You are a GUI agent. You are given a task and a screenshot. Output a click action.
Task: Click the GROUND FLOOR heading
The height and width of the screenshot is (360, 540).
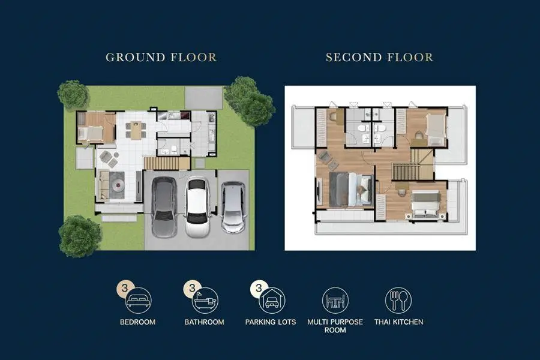coord(161,57)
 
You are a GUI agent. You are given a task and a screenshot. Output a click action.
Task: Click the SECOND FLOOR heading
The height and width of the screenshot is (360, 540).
coord(380,57)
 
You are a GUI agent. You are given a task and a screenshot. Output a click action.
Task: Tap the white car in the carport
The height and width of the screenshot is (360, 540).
coord(197,208)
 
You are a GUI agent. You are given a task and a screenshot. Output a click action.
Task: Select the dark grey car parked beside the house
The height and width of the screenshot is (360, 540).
coord(164,208)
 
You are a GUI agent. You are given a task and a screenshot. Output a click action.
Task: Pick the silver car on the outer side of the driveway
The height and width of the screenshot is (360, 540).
coord(233,208)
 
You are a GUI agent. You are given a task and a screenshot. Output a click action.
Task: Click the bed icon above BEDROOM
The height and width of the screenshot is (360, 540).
coord(138,300)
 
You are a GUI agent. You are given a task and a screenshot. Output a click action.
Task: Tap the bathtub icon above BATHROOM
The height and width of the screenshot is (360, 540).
coord(205,300)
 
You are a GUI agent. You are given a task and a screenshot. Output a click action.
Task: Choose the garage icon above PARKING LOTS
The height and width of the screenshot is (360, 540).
coord(272,300)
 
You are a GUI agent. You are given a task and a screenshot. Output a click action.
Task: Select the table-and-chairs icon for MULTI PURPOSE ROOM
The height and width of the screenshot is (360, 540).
coord(335,300)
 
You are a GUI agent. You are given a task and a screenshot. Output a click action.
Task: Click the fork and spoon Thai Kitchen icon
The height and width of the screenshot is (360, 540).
coord(398,300)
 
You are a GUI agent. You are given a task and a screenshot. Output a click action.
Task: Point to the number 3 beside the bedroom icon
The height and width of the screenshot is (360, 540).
coord(125,288)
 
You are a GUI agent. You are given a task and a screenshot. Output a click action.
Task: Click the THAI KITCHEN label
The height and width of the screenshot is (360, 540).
coord(399,322)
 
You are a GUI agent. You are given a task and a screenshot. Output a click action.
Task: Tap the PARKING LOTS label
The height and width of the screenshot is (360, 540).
coord(271,322)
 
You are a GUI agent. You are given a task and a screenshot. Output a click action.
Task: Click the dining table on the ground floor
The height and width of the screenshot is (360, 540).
coord(136,130)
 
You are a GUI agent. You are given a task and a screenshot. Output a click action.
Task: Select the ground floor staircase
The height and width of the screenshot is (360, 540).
coord(167,163)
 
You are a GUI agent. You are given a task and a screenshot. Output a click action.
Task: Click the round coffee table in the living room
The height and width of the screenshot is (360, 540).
coord(118,185)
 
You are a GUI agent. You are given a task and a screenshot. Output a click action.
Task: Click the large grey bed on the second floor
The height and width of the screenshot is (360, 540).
coord(351,190)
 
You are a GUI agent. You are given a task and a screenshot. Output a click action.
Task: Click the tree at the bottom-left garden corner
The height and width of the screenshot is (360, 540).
coord(80,236)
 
